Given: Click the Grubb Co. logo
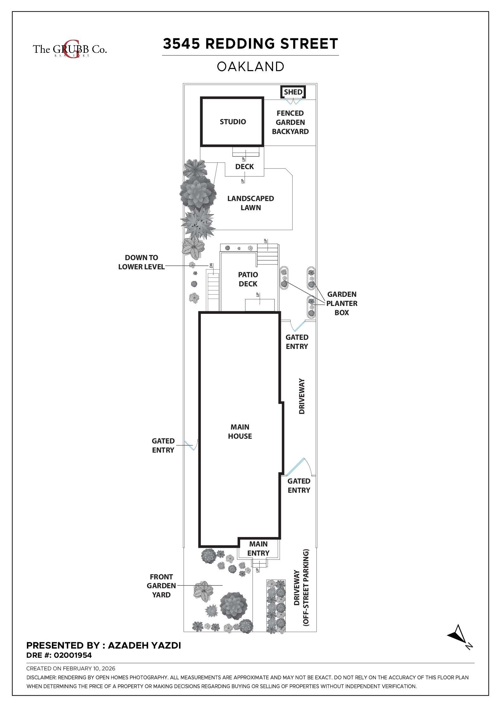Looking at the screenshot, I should tap(70, 49).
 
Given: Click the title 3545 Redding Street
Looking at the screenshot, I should tap(250, 44).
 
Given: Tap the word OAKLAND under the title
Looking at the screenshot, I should tap(250, 67).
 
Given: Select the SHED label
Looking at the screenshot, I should tap(293, 92).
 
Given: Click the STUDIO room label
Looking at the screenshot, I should tap(233, 122).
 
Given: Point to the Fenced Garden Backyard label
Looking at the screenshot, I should tap(290, 122).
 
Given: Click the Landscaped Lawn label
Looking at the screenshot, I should tap(250, 203).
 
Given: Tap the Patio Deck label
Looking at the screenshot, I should tap(248, 279).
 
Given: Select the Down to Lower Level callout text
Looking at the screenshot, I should tap(141, 262).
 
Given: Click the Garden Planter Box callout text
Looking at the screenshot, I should tap(342, 303).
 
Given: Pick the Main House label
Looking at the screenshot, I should tap(240, 431).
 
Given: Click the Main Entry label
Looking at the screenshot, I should tap(258, 548).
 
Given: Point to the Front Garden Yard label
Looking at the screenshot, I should tap(161, 586).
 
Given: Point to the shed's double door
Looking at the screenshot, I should tap(293, 101).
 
